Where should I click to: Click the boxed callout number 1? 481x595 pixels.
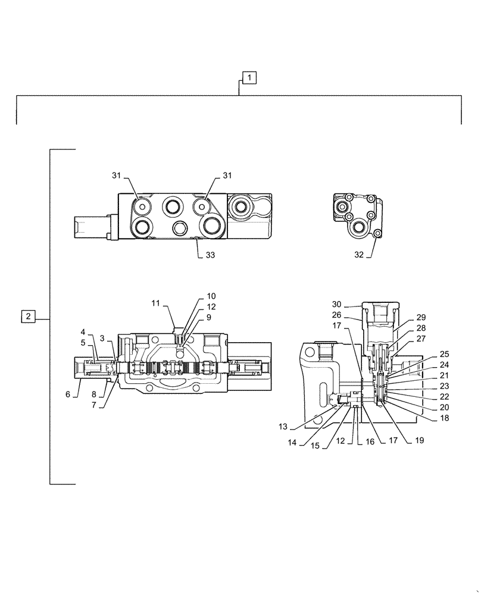coord(249,77)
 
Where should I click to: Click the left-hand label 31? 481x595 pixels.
coord(115,176)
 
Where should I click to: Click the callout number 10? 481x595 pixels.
coord(211,296)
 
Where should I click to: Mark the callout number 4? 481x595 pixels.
coord(83,331)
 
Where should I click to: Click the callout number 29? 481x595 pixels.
coord(421,317)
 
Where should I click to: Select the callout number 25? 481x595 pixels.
coord(444,354)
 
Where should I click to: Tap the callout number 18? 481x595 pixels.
coord(444,418)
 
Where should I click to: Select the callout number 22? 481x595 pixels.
coord(444,397)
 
